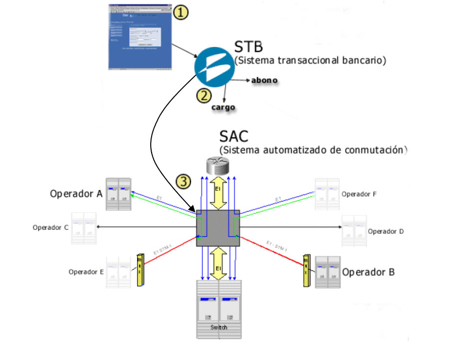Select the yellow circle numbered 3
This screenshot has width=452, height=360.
[185, 182]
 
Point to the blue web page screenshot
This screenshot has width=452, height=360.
[140, 35]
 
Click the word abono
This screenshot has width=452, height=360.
[264, 80]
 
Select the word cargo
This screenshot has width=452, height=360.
[222, 107]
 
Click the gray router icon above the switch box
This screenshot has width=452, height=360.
[218, 166]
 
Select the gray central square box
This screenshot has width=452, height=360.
[218, 228]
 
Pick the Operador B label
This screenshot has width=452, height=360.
[368, 272]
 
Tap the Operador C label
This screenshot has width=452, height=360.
[50, 227]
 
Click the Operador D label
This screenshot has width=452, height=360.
[386, 231]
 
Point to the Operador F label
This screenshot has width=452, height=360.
[359, 194]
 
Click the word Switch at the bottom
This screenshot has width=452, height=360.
[219, 328]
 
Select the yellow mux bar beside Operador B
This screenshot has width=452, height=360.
[306, 271]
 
